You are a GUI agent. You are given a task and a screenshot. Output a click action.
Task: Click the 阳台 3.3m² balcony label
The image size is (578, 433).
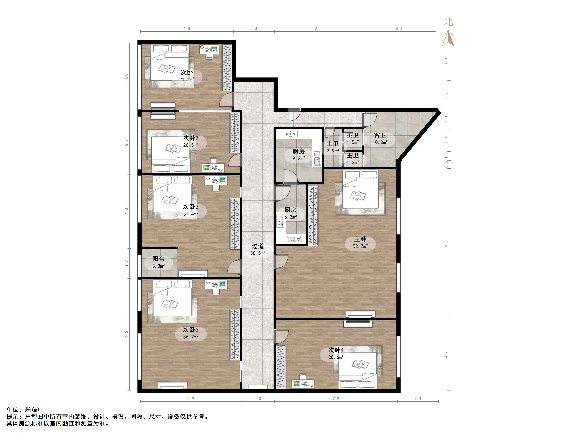pos(158,262)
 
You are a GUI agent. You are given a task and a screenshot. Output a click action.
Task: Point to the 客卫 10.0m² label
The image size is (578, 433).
pos(380,139)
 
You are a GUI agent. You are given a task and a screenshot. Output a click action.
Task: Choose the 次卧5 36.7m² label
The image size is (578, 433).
pos(191,333)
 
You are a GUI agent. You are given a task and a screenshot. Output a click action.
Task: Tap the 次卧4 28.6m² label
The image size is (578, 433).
pos(336,353)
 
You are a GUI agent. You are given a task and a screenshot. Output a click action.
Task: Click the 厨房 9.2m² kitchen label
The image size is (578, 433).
pos(299,154)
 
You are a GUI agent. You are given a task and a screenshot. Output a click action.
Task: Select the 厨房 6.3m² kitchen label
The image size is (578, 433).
pos(291,213)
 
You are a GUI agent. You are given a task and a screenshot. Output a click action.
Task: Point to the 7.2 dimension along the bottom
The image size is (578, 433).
pos(336,399)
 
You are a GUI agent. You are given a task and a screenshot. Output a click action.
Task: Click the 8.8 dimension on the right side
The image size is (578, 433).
pos(446,244)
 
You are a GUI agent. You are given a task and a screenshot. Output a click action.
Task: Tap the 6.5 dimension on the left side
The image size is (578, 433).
pos(126,334)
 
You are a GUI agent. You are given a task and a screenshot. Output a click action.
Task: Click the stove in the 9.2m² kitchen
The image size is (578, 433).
pos(291,134)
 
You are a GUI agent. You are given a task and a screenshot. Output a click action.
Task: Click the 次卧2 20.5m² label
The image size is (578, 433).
pos(191,141)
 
